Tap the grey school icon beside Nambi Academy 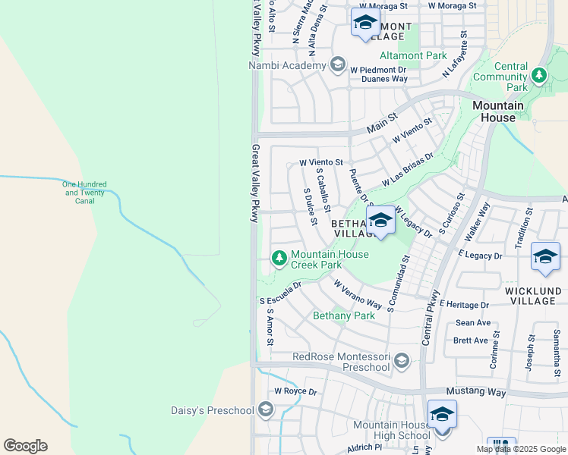[336, 65]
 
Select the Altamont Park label [413, 56]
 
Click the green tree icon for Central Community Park [538, 75]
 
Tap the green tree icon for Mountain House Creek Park [279, 259]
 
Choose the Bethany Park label [344, 315]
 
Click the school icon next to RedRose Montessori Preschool [402, 361]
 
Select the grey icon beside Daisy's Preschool [265, 410]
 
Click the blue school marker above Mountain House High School [442, 415]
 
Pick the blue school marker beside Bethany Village [380, 221]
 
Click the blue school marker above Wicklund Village [545, 258]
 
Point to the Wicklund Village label [533, 296]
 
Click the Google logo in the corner [25, 446]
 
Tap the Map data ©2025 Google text [521, 449]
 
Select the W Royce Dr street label [295, 391]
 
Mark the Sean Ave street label [472, 323]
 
